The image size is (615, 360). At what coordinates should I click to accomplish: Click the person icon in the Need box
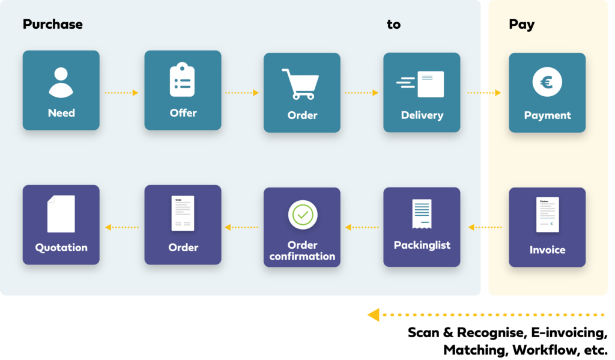click(61, 82)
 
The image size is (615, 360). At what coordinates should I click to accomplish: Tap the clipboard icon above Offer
click(182, 81)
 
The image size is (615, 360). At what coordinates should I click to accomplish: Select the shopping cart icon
click(300, 84)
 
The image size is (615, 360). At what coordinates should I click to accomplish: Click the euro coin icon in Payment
click(547, 82)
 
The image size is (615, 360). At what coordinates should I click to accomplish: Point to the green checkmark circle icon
click(302, 215)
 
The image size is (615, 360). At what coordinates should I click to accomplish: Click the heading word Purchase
click(53, 25)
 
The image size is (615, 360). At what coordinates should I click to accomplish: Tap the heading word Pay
click(521, 25)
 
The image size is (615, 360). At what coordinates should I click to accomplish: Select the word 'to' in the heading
click(393, 25)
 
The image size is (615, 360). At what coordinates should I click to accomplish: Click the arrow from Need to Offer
click(122, 93)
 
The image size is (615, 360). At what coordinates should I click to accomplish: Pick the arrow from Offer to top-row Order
click(242, 93)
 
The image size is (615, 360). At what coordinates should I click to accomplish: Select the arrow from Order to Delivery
click(362, 93)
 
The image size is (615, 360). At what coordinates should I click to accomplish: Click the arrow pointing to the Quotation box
click(122, 227)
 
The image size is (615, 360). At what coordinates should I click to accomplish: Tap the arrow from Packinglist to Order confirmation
click(362, 227)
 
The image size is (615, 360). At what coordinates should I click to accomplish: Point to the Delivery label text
click(422, 115)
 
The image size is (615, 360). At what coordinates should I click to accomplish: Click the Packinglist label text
click(422, 245)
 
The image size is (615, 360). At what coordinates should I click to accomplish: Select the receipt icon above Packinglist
click(422, 214)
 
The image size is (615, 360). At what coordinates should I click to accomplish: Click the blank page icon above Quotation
click(61, 214)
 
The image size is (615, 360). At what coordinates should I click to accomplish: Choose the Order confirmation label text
click(302, 251)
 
